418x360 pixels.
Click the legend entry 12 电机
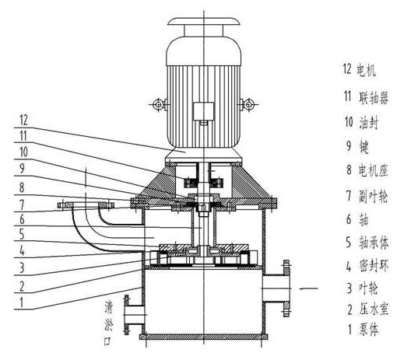359,69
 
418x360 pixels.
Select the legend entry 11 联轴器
366,97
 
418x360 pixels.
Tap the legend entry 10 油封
361,122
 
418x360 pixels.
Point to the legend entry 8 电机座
367,170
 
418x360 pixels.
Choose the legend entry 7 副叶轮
367,196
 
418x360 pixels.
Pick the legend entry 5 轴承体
367,243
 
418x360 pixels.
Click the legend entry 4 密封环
367,266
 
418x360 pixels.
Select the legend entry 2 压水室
367,309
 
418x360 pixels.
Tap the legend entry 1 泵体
363,330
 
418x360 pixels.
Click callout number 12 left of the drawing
23,120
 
